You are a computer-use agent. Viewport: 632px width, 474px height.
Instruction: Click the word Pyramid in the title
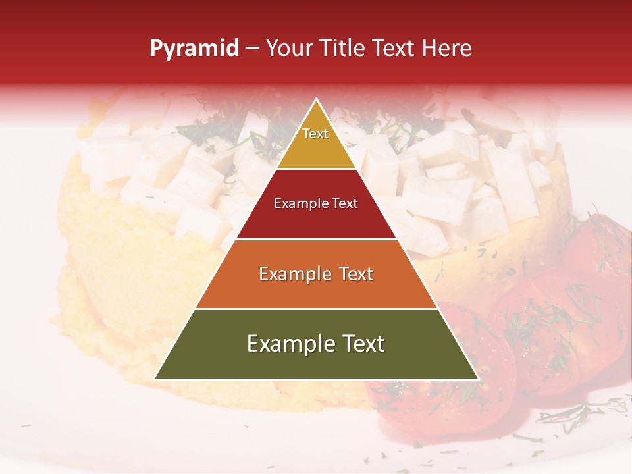[x=194, y=49]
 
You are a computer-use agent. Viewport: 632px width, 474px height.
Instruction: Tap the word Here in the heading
[x=446, y=48]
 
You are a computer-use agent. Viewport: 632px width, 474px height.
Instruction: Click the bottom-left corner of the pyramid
[x=155, y=379]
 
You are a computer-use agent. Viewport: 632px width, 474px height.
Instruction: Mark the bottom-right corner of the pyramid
[x=478, y=379]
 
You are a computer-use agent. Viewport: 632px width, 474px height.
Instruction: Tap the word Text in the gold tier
[x=315, y=134]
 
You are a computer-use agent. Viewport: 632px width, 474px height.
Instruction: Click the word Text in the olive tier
[x=363, y=344]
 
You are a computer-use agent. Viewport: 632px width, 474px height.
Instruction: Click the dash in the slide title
[x=252, y=49]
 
